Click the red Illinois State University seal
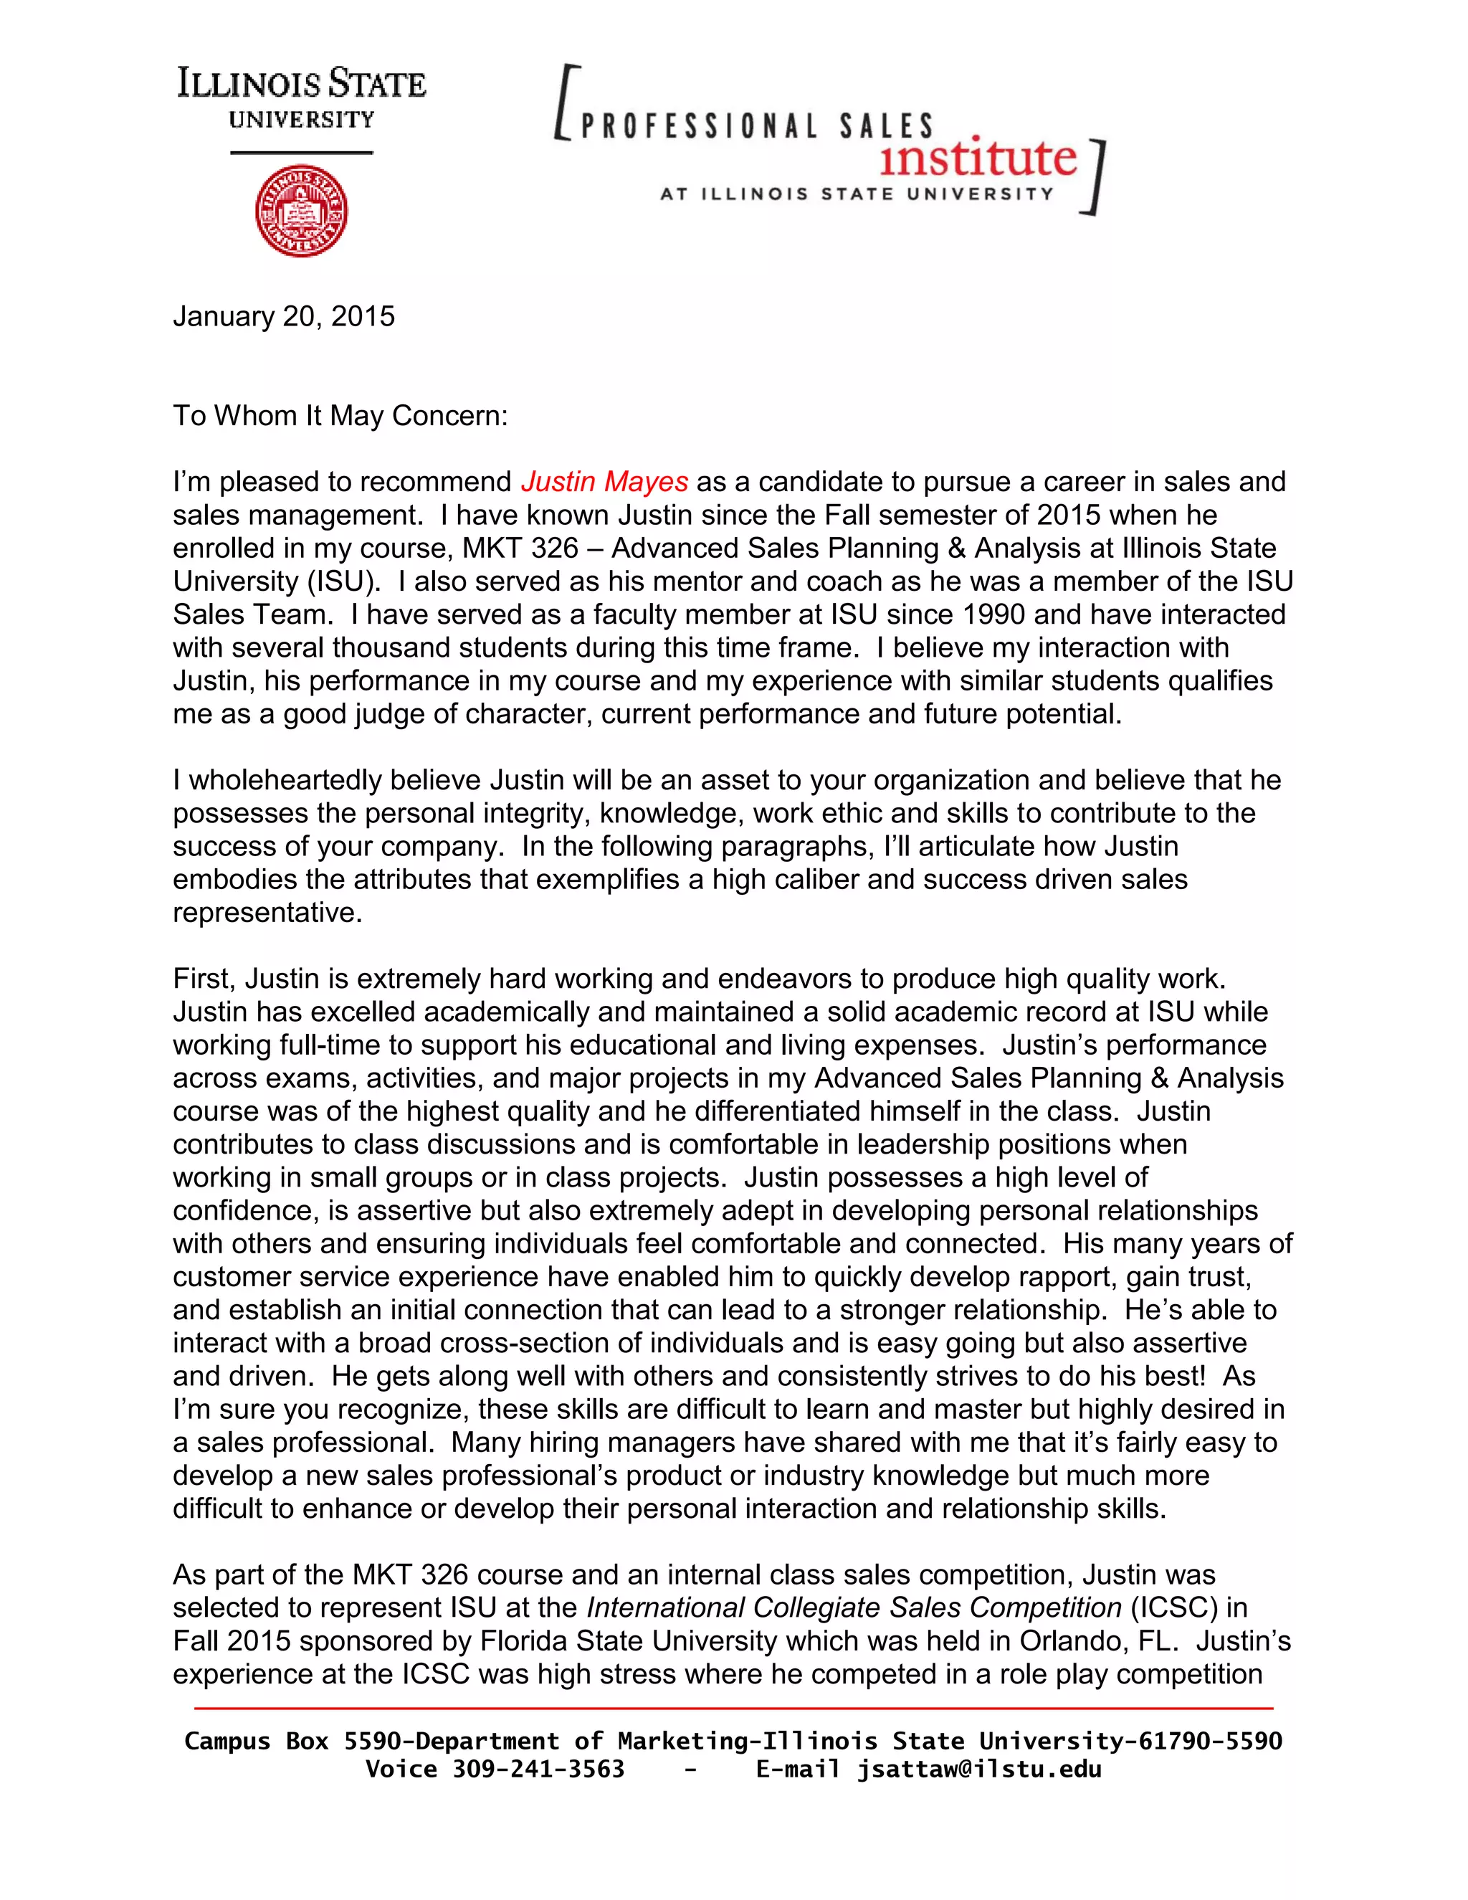pos(301,212)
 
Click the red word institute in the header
pos(978,158)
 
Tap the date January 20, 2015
pos(284,315)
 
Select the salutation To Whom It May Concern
pos(339,415)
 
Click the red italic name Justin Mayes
pos(604,481)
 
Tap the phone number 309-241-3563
pos(538,1769)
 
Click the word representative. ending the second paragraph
pos(267,913)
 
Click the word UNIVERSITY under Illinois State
pos(301,120)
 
